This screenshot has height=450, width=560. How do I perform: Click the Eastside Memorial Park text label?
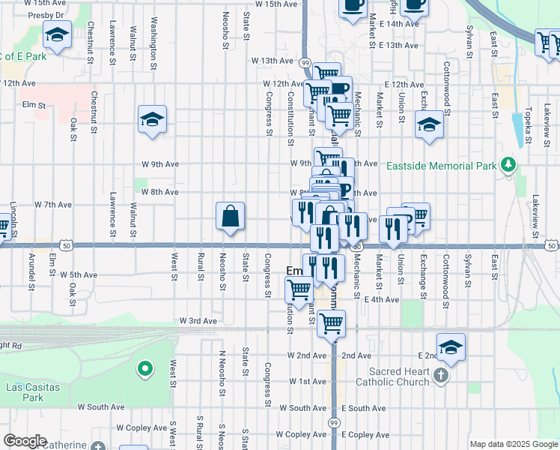[x=442, y=165]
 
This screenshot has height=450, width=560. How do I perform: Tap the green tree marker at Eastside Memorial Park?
[x=509, y=164]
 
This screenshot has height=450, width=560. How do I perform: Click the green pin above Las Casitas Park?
[x=144, y=368]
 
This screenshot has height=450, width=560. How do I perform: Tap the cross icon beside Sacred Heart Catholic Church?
[x=442, y=376]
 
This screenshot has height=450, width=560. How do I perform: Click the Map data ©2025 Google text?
[x=514, y=444]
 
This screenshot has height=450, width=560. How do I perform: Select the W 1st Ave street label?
[x=308, y=382]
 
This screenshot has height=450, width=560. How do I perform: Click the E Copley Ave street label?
[x=365, y=435]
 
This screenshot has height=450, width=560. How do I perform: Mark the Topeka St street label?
[x=529, y=105]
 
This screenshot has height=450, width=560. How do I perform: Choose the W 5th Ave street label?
[x=79, y=275]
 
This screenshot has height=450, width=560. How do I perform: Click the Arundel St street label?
[x=31, y=266]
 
